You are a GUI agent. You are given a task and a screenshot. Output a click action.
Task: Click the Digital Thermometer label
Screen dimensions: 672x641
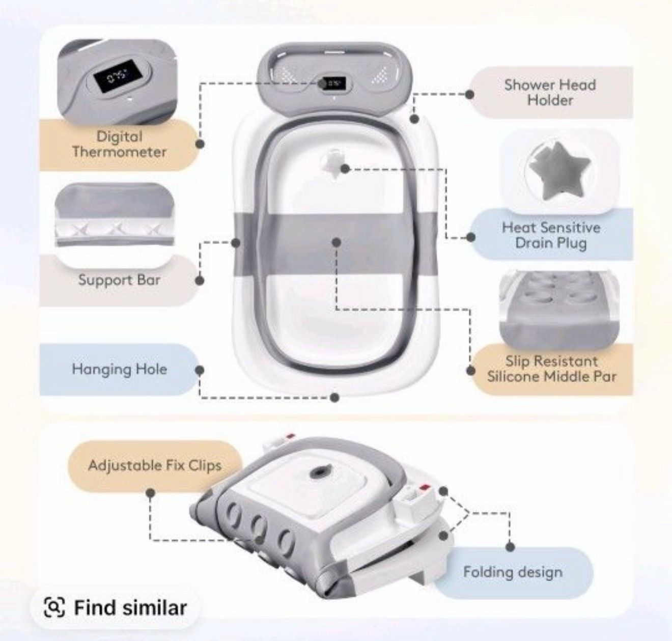point(119,144)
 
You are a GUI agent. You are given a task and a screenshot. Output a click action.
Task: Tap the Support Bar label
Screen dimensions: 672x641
point(119,280)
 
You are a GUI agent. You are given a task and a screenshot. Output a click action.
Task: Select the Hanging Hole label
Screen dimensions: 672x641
point(119,369)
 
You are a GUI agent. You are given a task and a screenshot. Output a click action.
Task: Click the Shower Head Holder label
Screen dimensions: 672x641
point(550,92)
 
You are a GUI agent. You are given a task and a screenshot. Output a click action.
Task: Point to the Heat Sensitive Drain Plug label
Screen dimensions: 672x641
point(551,235)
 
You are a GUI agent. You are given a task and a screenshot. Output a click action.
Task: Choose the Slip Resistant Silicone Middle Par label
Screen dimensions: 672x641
point(551,369)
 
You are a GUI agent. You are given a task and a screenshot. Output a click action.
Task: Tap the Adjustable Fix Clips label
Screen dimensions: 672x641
point(155,466)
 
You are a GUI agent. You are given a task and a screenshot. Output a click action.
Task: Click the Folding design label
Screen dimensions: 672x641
point(513,572)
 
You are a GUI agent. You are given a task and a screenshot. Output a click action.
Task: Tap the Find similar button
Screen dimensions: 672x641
point(115,607)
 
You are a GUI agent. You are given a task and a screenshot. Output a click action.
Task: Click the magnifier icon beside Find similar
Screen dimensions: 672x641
point(54,607)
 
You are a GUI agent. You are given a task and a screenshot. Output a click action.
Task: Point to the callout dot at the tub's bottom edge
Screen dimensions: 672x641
point(335,397)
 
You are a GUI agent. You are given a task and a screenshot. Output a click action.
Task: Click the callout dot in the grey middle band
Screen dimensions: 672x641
point(337,242)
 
